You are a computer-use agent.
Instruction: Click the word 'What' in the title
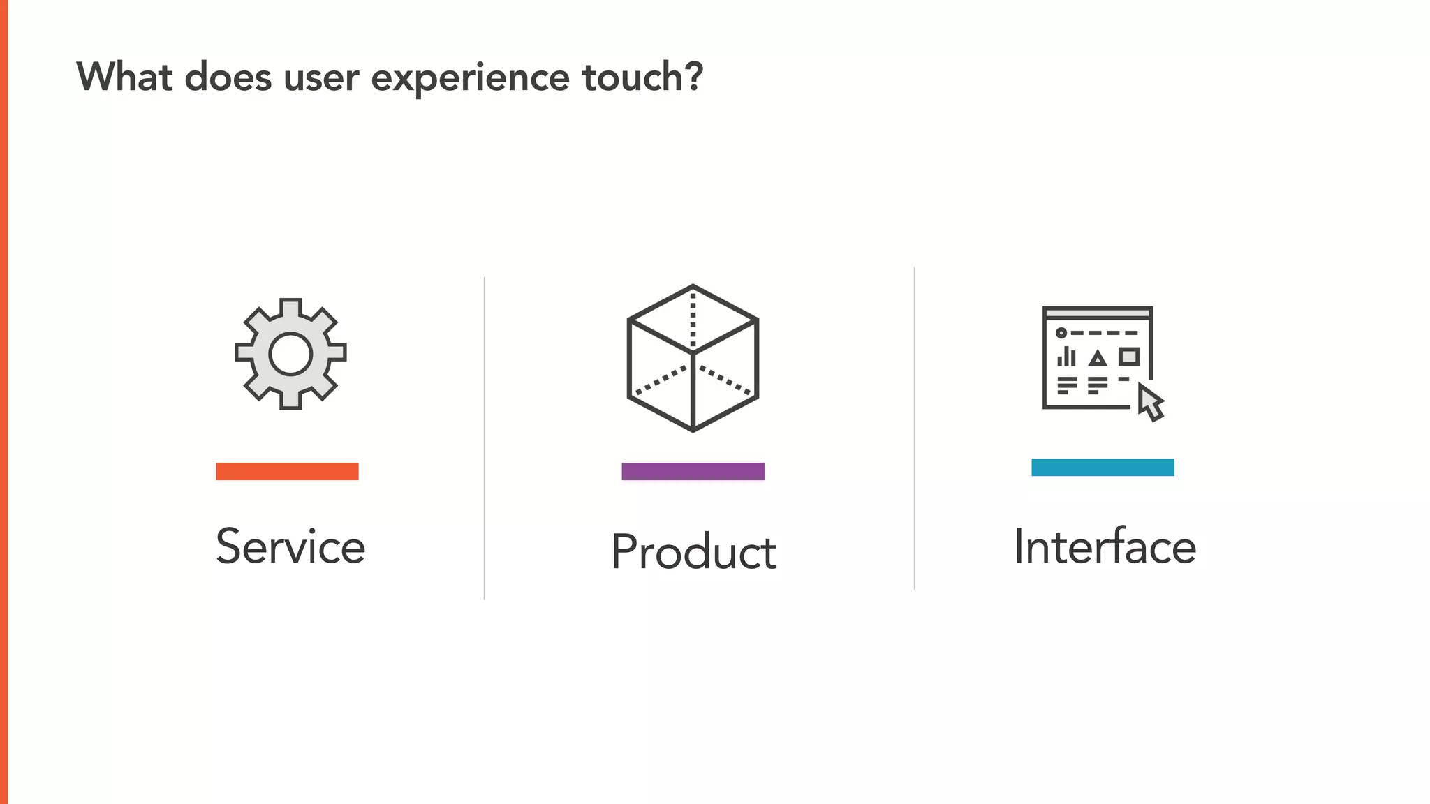(x=124, y=77)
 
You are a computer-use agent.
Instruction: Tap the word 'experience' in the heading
(x=470, y=78)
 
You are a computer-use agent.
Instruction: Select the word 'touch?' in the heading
(x=642, y=77)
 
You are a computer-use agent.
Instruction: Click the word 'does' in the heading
(x=228, y=77)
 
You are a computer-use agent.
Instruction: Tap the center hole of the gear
(x=290, y=354)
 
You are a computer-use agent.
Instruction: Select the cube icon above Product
(x=693, y=358)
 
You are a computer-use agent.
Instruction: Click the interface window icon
(x=1097, y=358)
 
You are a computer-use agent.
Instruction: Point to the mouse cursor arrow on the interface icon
(x=1149, y=403)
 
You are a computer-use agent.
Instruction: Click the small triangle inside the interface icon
(x=1098, y=359)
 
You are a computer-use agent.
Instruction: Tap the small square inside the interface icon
(x=1129, y=357)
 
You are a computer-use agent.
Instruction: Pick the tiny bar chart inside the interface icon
(x=1066, y=357)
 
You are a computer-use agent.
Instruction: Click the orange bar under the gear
(x=287, y=472)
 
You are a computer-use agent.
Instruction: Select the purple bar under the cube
(x=693, y=472)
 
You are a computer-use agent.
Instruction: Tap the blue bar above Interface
(x=1103, y=468)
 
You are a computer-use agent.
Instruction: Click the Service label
(x=290, y=546)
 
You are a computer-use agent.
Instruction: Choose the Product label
(x=693, y=552)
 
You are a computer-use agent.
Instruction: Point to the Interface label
(x=1105, y=546)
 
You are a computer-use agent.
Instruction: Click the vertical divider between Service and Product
(x=484, y=438)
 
